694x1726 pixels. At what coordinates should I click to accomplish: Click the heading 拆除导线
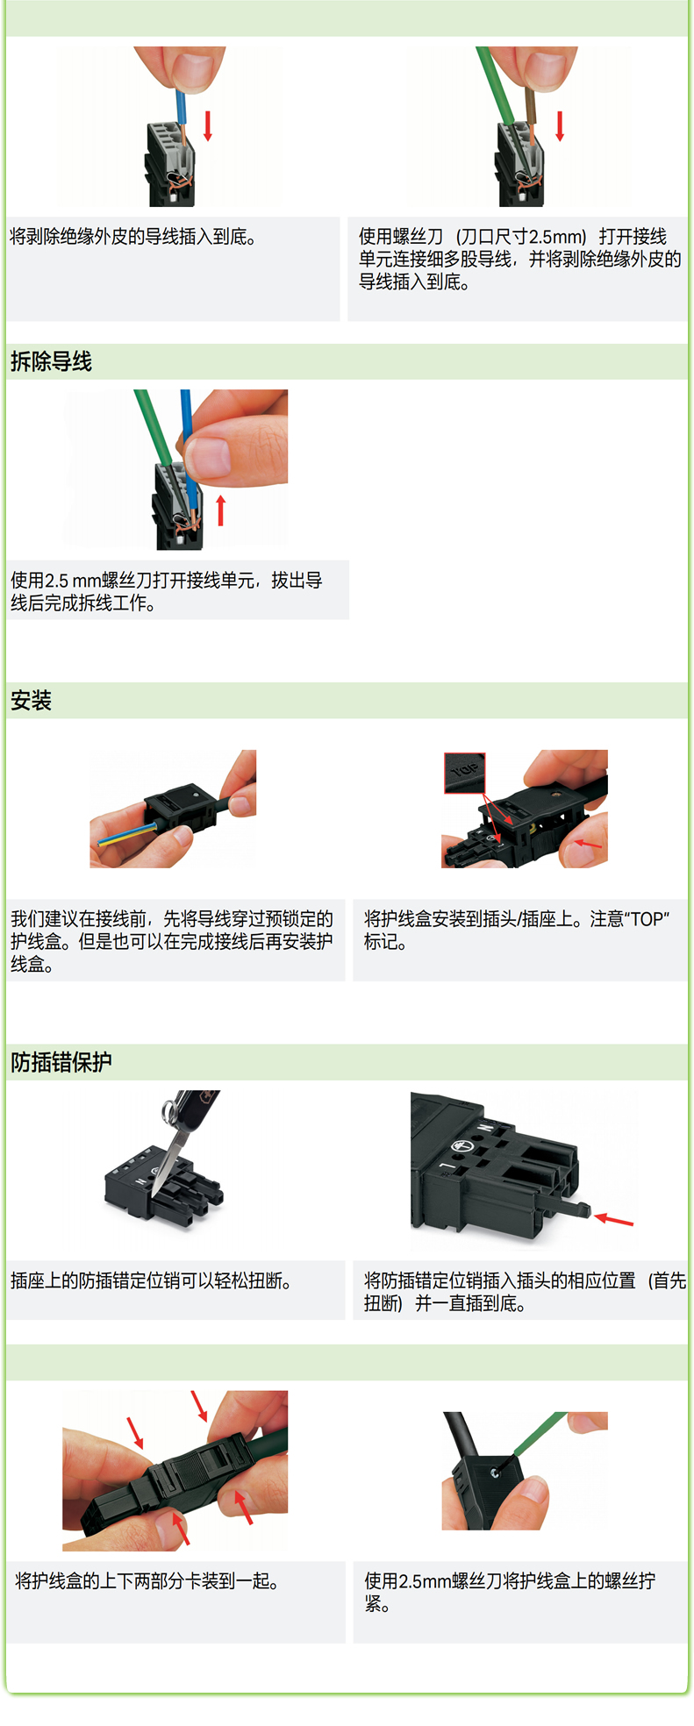coord(51,361)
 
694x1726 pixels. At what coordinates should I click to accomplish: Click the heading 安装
coord(31,701)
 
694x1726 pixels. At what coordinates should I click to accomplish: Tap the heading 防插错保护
coord(61,1062)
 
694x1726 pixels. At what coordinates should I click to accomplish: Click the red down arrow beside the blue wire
coord(208,125)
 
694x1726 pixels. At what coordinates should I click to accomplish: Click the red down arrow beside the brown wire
coord(560,125)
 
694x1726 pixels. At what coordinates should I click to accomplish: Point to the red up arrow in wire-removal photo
coord(221,510)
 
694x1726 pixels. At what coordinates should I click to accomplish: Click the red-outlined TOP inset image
coord(464,773)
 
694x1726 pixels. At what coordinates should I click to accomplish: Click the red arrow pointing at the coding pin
coord(613,1219)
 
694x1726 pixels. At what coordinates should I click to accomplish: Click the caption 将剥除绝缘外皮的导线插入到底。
coord(133,237)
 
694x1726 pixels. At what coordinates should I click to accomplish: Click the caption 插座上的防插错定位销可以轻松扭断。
coord(151,1281)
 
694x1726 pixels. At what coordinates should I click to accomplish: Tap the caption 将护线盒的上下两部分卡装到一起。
coord(147,1581)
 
